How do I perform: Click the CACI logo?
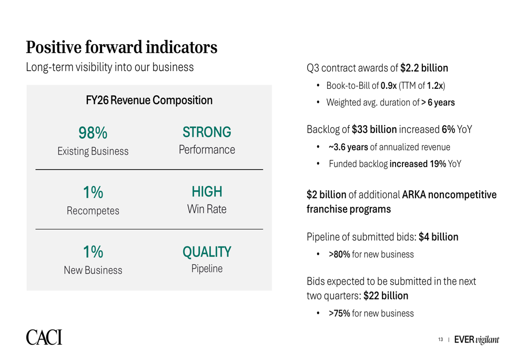point(44,337)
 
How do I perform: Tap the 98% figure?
point(93,133)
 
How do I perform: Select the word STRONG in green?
point(207,132)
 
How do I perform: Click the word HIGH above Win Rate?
point(207,192)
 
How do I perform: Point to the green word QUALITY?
point(207,252)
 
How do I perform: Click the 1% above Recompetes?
point(93,192)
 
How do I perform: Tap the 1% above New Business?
point(93,252)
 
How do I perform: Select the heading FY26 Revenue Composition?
point(149,100)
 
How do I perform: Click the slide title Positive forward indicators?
point(122,47)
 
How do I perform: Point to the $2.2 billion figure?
point(424,68)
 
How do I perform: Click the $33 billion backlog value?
point(374,129)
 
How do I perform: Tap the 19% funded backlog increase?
point(438,164)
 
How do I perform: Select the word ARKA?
point(414,195)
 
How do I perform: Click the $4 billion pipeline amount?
point(439,237)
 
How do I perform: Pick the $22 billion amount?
point(386,296)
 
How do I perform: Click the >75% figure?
point(339,313)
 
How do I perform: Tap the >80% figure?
point(339,254)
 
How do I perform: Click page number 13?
point(440,340)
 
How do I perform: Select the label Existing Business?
point(93,151)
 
